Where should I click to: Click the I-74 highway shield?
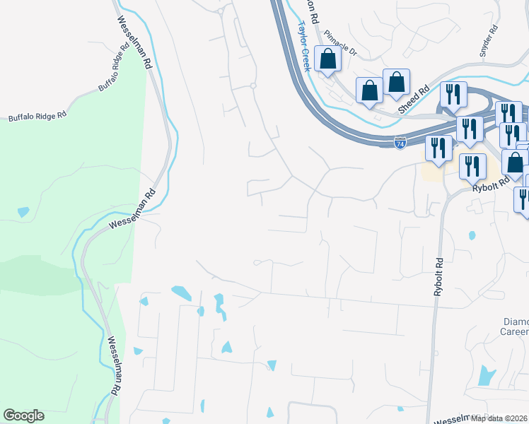400,143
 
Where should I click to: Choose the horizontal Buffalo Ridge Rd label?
37,115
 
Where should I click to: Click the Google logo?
23,416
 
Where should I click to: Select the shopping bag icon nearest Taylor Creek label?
328,59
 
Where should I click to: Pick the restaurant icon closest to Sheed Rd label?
453,95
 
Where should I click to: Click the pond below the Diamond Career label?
487,375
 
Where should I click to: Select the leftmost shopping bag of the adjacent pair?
369,90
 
